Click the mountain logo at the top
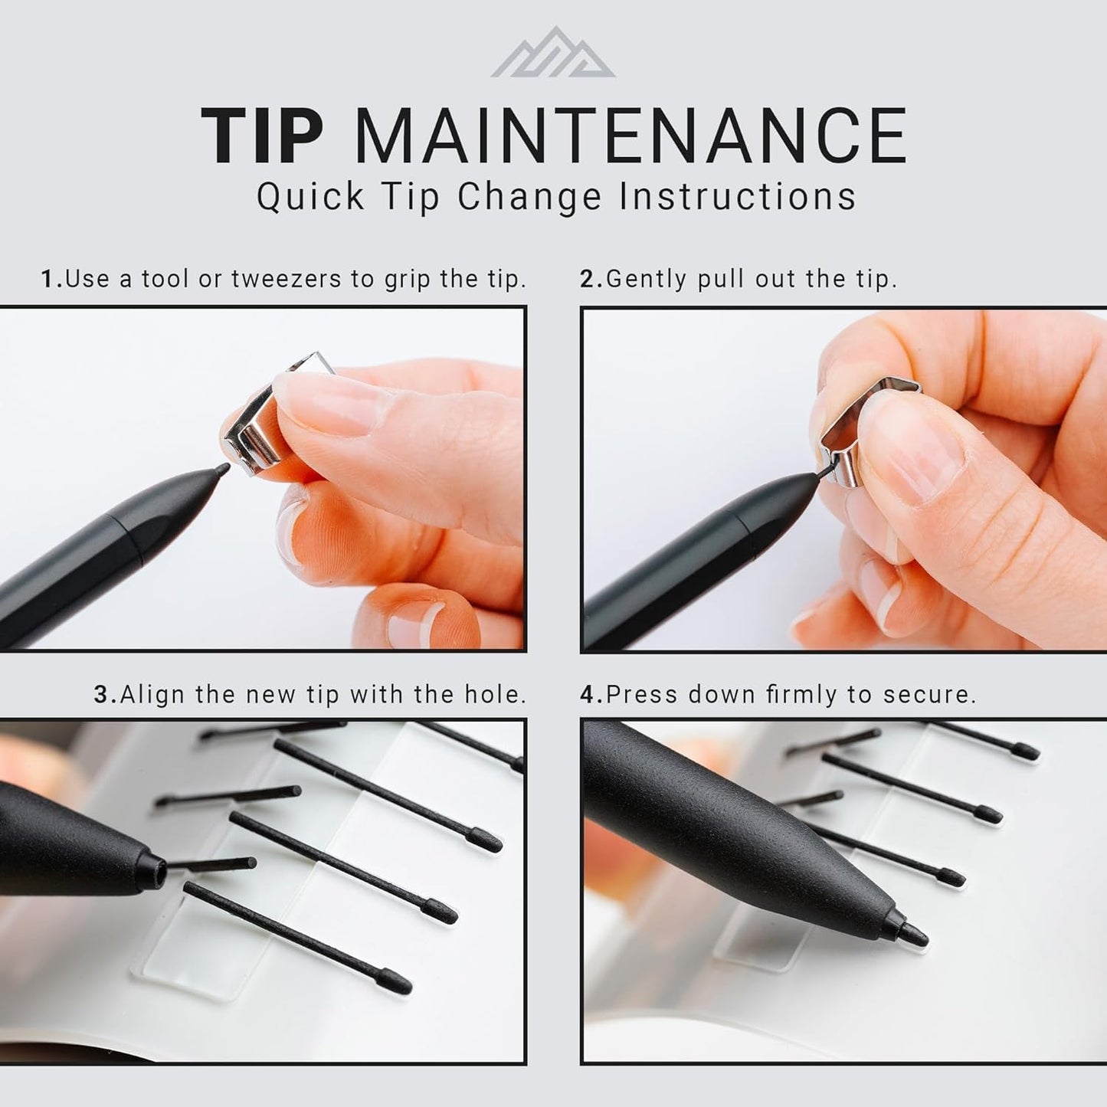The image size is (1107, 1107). pos(553,54)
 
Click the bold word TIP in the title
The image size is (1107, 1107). pos(262,136)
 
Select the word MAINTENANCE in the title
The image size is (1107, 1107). pos(630,136)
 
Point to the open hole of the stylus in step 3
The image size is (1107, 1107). pos(159,870)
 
